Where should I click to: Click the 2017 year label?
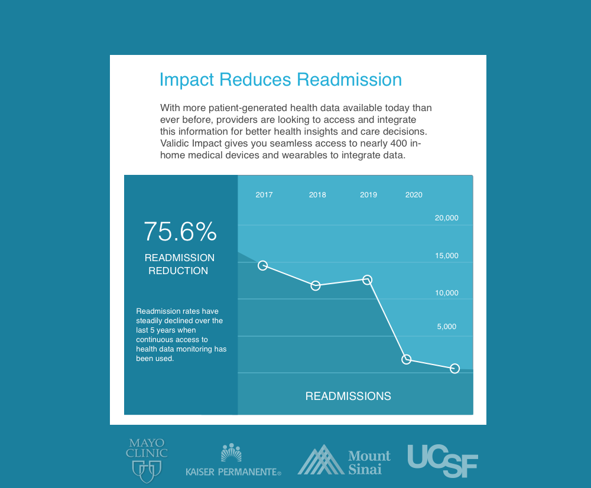coord(264,195)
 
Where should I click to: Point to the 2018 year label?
coord(317,195)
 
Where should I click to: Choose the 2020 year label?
coord(414,195)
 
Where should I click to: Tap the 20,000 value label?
coord(447,218)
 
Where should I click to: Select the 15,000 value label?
coord(447,255)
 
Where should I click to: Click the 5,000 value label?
coord(447,326)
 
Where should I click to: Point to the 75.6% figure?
coord(180,231)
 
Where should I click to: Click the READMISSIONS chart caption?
coord(348,396)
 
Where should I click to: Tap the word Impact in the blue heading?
coord(187,80)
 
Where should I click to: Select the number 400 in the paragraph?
coord(399,143)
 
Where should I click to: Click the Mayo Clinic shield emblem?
coord(147,471)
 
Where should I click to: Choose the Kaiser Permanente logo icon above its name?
coord(231,453)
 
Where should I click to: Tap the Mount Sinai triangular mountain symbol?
coord(320,460)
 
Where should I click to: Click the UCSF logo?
coord(443,461)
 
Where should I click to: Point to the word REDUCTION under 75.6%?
coord(178,271)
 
